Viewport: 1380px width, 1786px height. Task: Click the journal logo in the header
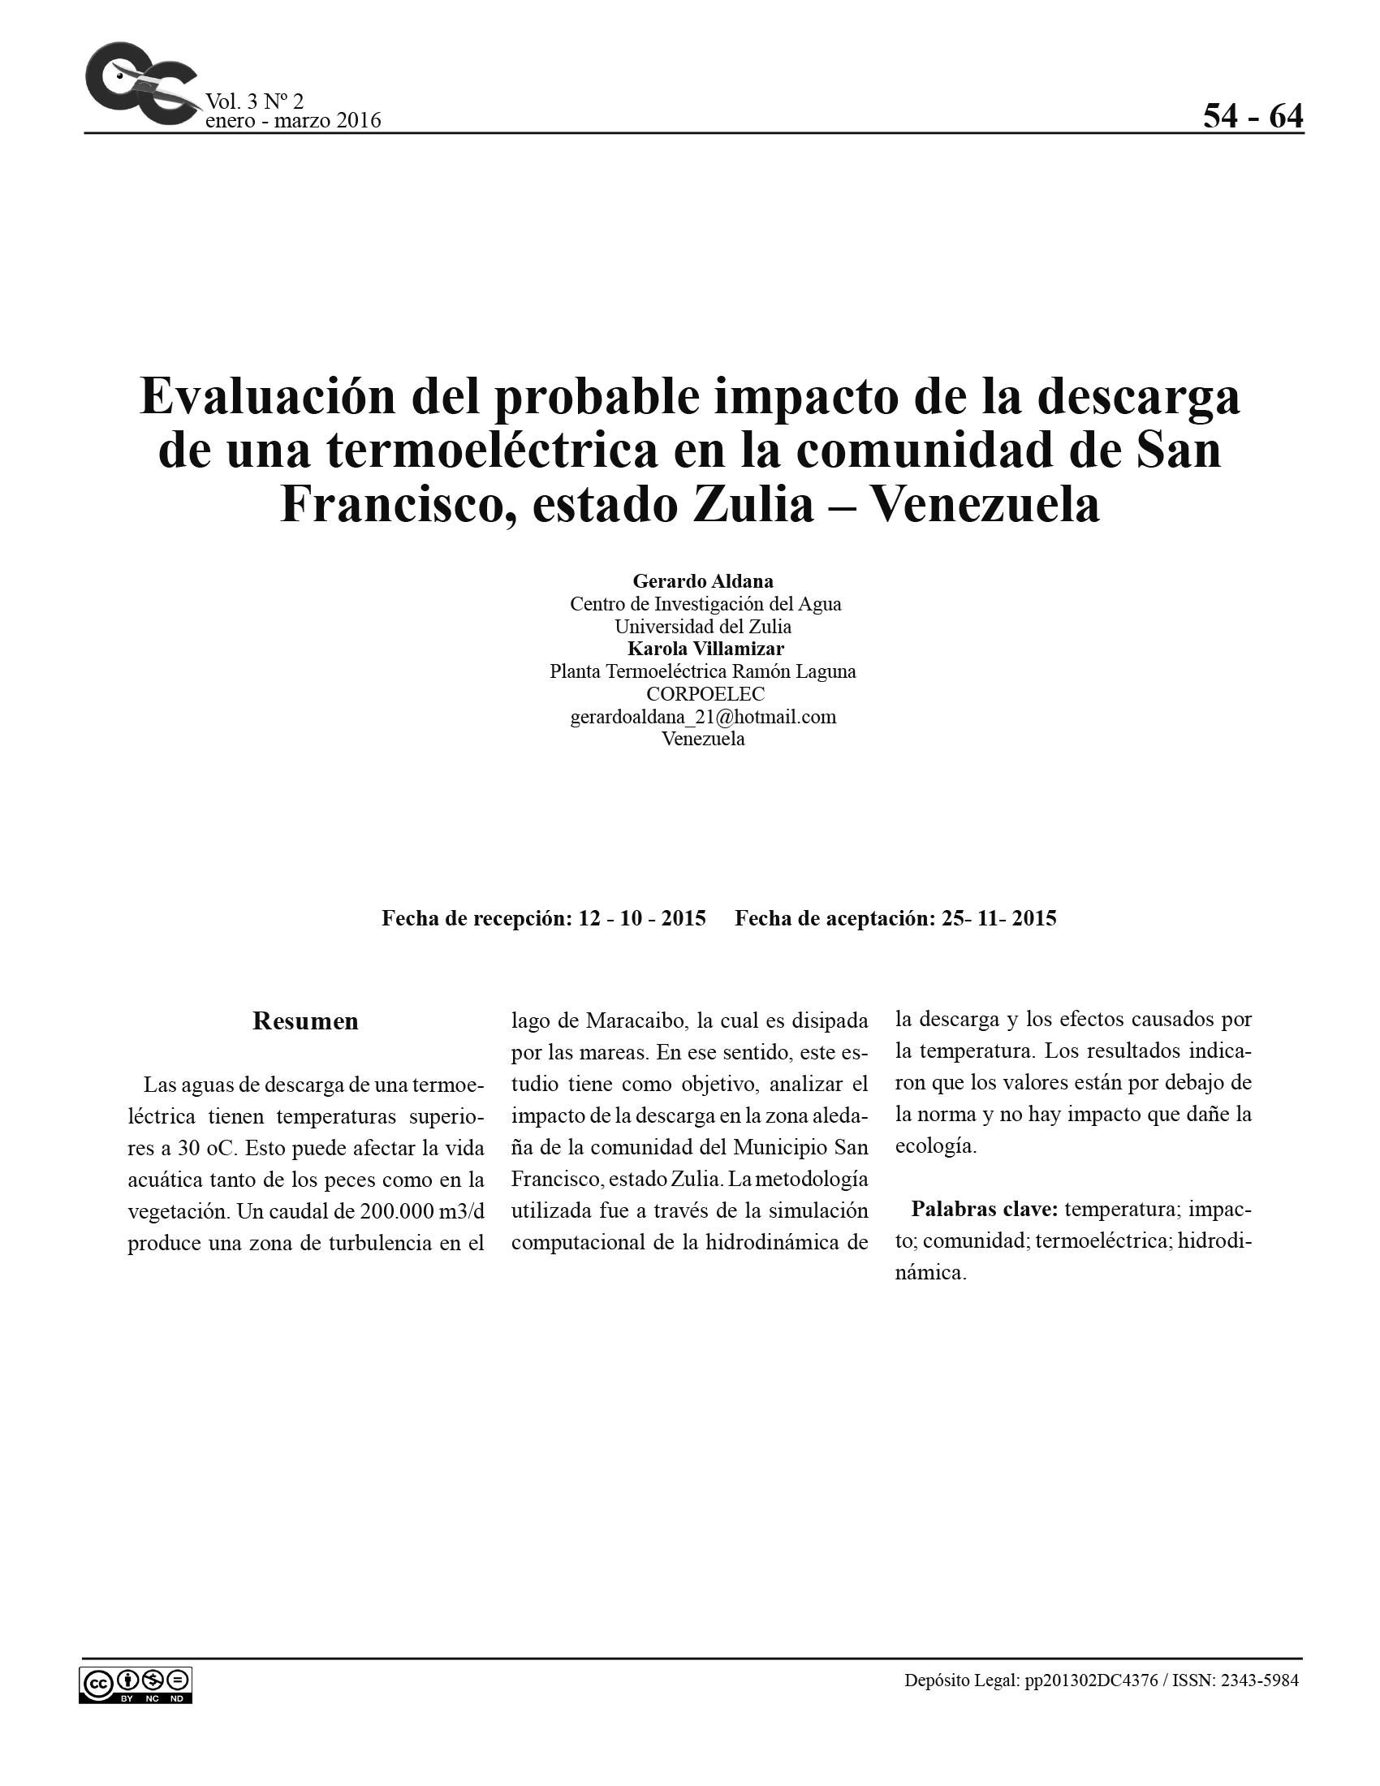coord(140,84)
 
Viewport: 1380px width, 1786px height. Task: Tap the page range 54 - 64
coord(1253,117)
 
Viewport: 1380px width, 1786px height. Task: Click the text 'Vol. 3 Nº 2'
coord(254,101)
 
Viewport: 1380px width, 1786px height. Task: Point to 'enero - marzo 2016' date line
coord(293,121)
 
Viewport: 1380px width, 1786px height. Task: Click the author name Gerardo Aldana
coord(703,581)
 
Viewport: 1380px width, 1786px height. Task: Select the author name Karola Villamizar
coord(705,649)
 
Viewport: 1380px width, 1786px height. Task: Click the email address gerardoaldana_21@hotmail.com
coord(703,717)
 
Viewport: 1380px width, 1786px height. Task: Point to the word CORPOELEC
coord(705,694)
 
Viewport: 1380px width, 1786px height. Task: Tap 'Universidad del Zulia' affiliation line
coord(703,628)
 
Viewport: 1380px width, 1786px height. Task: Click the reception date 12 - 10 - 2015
coord(642,918)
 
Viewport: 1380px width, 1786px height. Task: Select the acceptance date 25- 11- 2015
coord(998,918)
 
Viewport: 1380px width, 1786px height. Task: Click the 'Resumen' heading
coord(305,1021)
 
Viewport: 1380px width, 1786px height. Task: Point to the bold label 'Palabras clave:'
coord(985,1210)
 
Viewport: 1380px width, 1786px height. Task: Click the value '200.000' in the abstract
coord(388,1211)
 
